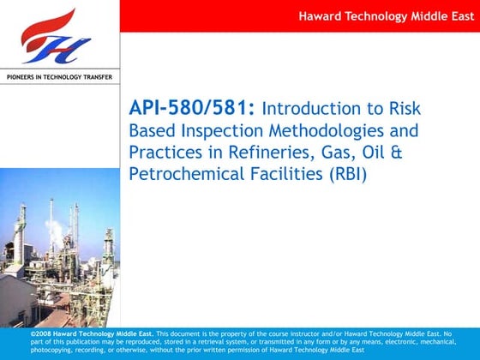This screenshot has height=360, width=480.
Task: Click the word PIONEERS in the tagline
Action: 24,77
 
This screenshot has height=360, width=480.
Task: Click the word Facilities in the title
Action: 279,175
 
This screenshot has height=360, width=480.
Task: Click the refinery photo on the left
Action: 59,249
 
